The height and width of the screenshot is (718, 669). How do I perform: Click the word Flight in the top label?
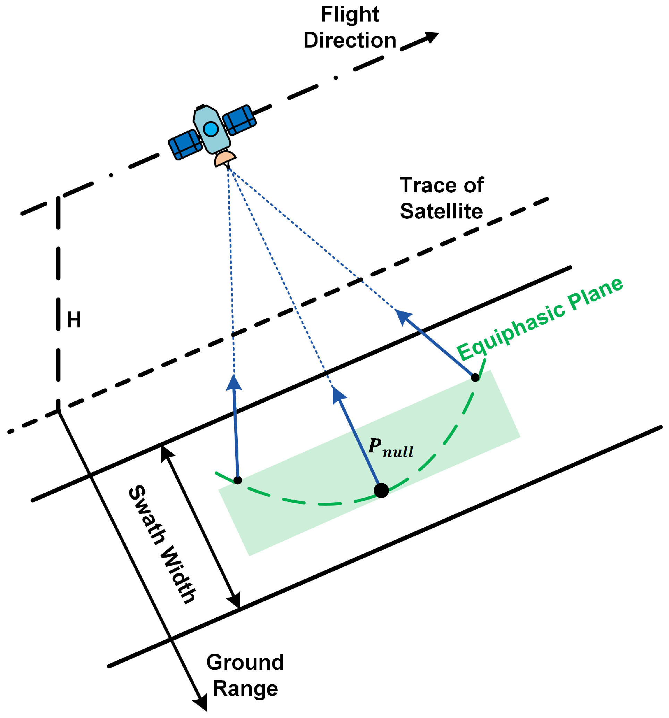point(349,15)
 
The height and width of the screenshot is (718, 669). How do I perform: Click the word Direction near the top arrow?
point(349,41)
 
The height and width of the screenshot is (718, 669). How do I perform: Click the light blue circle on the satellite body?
point(211,128)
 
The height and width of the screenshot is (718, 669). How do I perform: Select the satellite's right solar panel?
point(239,119)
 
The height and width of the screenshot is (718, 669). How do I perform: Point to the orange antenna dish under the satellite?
point(225,159)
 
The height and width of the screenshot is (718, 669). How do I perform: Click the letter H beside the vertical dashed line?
point(74,320)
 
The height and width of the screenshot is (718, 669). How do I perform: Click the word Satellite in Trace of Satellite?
point(441,211)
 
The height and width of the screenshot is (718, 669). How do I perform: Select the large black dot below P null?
point(381,490)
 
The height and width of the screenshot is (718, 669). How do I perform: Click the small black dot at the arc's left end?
point(238,480)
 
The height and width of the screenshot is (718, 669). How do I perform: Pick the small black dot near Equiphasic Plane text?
point(475,377)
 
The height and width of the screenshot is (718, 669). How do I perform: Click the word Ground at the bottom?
point(245,662)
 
